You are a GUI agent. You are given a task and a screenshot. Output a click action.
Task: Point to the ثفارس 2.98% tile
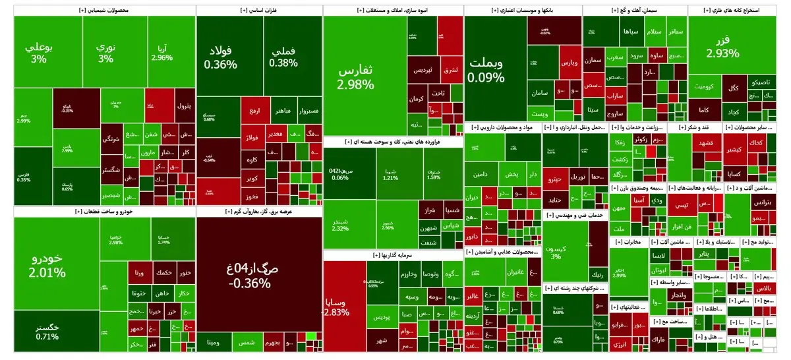(356, 76)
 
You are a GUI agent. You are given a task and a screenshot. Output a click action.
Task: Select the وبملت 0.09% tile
(488, 70)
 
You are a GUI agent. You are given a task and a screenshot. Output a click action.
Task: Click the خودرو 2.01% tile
(47, 264)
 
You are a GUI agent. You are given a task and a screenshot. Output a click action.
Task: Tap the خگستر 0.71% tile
(47, 331)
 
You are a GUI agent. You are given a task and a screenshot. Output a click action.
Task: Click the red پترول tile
(184, 105)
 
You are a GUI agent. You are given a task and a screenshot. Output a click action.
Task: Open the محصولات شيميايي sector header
(104, 11)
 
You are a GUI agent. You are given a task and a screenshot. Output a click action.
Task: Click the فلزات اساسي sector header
(259, 11)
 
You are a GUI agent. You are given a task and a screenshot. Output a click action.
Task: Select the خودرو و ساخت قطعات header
(104, 211)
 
